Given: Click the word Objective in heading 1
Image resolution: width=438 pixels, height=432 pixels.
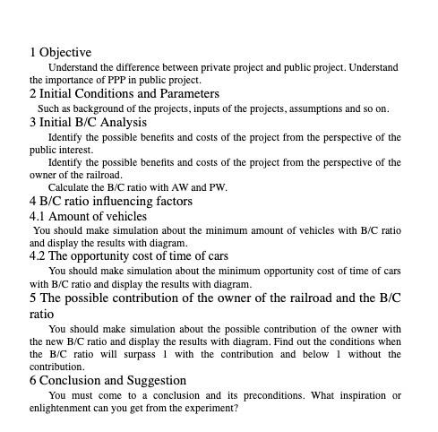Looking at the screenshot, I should pyautogui.click(x=65, y=53).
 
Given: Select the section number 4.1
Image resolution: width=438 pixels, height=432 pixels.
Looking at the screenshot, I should pyautogui.click(x=38, y=216).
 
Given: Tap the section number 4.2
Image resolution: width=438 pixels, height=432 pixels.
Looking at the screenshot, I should pyautogui.click(x=38, y=255).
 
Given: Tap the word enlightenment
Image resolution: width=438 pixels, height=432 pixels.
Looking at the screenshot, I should pyautogui.click(x=64, y=408).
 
